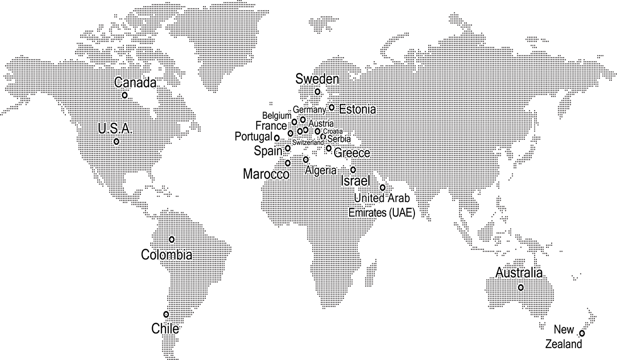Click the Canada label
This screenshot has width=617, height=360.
[x=135, y=82]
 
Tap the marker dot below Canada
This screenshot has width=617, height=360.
[x=124, y=95]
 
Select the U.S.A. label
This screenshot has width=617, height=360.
[x=115, y=129]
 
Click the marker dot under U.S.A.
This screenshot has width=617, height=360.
[x=117, y=141]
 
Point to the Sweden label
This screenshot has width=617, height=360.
[x=317, y=79]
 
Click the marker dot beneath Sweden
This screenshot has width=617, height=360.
[x=317, y=92]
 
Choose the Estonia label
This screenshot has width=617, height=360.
[x=358, y=109]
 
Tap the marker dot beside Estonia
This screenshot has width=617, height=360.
[x=332, y=107]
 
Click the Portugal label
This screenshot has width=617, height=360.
[x=253, y=137]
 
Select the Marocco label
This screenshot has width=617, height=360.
[x=266, y=174]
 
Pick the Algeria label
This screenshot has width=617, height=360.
[x=320, y=171]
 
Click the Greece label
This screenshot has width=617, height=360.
[x=352, y=153]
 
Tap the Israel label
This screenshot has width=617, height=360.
[x=355, y=181]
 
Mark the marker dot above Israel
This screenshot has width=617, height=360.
[x=353, y=169]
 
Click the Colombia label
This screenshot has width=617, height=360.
[x=167, y=255]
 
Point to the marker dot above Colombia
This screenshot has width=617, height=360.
[x=172, y=239]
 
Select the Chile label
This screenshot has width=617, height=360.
[x=165, y=329]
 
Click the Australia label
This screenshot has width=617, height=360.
[x=518, y=273]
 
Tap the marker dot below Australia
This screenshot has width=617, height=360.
[x=521, y=288]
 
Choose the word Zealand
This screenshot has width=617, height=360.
[x=564, y=344]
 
